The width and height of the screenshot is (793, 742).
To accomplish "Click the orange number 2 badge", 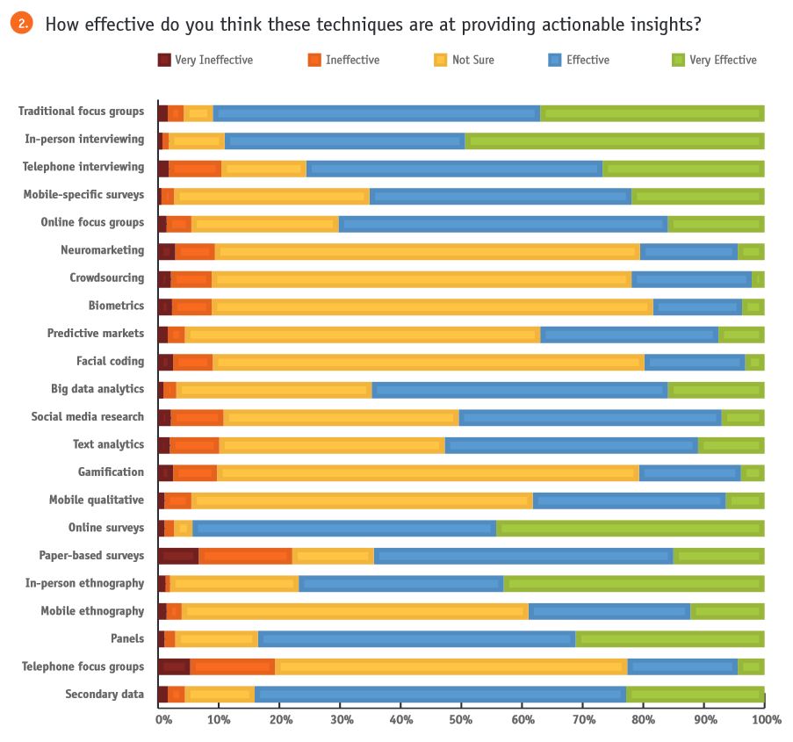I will click(x=22, y=23).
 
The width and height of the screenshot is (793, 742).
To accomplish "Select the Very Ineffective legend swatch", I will click(x=164, y=60).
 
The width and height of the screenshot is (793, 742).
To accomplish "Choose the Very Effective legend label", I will click(x=723, y=60).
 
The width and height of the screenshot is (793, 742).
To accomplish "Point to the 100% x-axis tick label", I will click(x=766, y=720).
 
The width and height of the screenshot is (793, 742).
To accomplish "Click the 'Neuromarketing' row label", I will click(x=102, y=250).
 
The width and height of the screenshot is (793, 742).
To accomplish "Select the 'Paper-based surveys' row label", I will click(x=91, y=555).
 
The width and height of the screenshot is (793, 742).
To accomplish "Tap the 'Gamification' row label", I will click(x=111, y=472).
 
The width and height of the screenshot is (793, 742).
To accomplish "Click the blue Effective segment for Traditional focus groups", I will click(x=376, y=112).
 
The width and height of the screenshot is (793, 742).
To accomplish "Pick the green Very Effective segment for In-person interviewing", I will click(x=614, y=140).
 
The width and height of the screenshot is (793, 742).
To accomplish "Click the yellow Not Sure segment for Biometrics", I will click(x=432, y=306).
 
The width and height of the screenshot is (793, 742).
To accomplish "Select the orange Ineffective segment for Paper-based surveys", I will click(x=245, y=556).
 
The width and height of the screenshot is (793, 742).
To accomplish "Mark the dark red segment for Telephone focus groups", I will click(x=174, y=666).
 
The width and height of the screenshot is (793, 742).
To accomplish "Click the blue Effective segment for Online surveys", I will click(x=344, y=528).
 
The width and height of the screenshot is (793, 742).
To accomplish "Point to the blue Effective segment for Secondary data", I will click(x=440, y=695).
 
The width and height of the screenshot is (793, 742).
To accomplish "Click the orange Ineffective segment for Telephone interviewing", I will click(x=195, y=168).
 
